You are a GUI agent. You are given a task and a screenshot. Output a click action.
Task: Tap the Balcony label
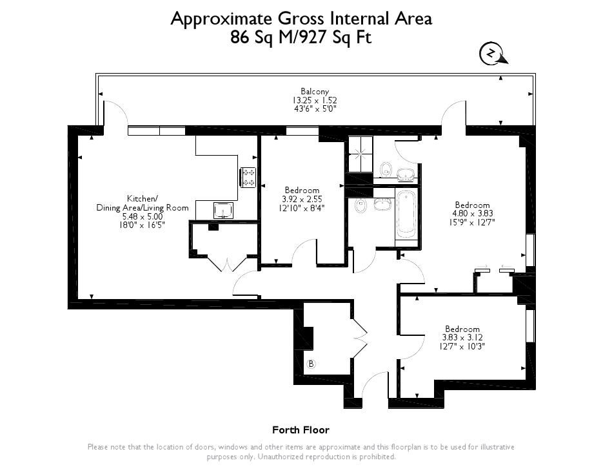click(x=315, y=91)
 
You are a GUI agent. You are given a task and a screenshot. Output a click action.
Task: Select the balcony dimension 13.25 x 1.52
click(x=315, y=100)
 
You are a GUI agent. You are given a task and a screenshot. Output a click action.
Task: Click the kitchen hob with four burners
click(x=248, y=177)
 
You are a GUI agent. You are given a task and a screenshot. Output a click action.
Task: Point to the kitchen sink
click(x=223, y=211)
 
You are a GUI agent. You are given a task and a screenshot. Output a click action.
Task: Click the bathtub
click(x=406, y=214)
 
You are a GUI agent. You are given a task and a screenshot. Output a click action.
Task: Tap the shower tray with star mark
click(x=361, y=154)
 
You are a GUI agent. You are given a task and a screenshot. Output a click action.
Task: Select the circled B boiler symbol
click(x=311, y=364)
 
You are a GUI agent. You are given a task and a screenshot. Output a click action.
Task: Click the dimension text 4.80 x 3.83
click(x=472, y=213)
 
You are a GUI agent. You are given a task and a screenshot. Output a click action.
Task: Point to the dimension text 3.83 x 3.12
click(x=462, y=338)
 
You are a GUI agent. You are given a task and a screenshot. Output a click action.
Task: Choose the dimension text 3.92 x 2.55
click(x=302, y=199)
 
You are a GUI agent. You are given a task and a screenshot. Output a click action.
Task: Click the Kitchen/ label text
click(x=143, y=199)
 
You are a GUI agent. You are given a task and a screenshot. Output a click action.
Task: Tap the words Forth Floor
click(x=301, y=430)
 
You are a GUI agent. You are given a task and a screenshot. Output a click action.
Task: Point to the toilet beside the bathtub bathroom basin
click(x=361, y=206)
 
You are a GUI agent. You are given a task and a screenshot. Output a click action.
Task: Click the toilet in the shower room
click(x=386, y=169)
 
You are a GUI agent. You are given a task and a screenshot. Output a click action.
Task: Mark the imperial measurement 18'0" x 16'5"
click(x=143, y=225)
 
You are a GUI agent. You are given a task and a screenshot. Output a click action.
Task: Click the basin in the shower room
click(x=406, y=174)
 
